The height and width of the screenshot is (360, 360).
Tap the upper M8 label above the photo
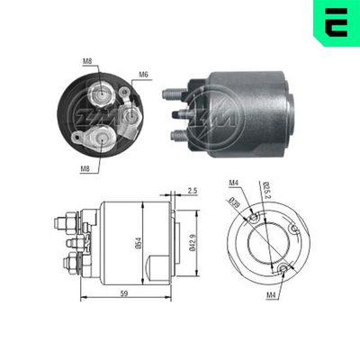[x=87, y=61]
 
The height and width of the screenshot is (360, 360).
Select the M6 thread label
[x=144, y=75]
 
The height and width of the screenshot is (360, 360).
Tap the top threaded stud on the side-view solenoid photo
[x=173, y=93]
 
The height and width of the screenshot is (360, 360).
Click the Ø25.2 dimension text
[x=266, y=192]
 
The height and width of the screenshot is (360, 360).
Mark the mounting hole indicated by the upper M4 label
[x=256, y=217]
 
